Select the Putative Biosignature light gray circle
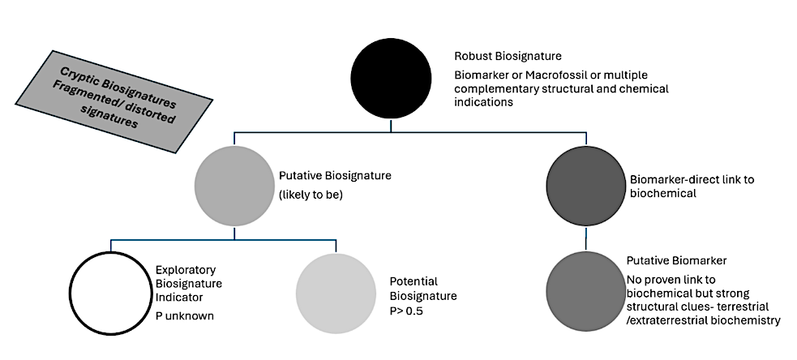pos(234,187)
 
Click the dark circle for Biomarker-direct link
pos(585,187)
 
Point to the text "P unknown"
pos(185,316)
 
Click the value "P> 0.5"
pos(408,309)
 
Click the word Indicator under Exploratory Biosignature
pos(179,298)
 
